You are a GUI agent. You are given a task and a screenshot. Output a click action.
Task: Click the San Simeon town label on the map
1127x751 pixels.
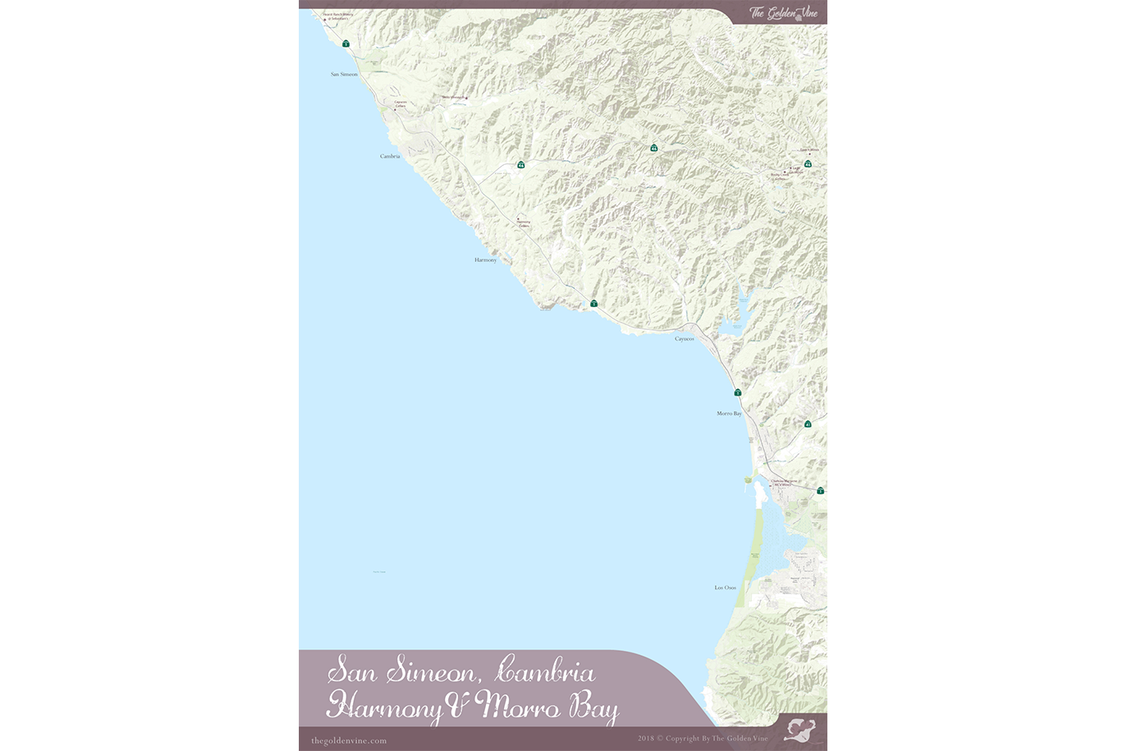point(344,75)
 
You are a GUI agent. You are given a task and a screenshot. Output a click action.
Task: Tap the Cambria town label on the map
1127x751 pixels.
point(390,156)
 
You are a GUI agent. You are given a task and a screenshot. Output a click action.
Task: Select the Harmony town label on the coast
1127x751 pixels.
point(485,260)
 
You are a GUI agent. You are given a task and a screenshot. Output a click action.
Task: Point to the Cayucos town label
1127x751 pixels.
point(685,339)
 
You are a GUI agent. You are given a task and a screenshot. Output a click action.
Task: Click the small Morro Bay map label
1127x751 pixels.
point(729,414)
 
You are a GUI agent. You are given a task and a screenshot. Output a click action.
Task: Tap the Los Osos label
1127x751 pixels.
point(725,588)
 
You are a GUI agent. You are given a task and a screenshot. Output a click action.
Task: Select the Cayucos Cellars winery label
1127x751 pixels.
point(401,104)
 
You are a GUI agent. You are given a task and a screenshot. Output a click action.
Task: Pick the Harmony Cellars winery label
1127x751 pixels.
point(523,222)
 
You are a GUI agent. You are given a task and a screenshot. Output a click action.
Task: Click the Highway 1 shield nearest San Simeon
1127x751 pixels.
point(346,44)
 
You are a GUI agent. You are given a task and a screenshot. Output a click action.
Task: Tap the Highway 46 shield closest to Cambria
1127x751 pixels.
point(521,165)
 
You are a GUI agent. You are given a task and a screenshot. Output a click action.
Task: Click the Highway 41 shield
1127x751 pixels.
point(808,424)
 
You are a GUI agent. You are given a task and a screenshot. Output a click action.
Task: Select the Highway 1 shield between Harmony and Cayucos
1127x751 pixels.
point(593,304)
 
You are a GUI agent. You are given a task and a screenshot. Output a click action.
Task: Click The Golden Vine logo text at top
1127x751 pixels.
point(783,12)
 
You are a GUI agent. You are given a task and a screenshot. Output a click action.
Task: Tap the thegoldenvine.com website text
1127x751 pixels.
point(349,740)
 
